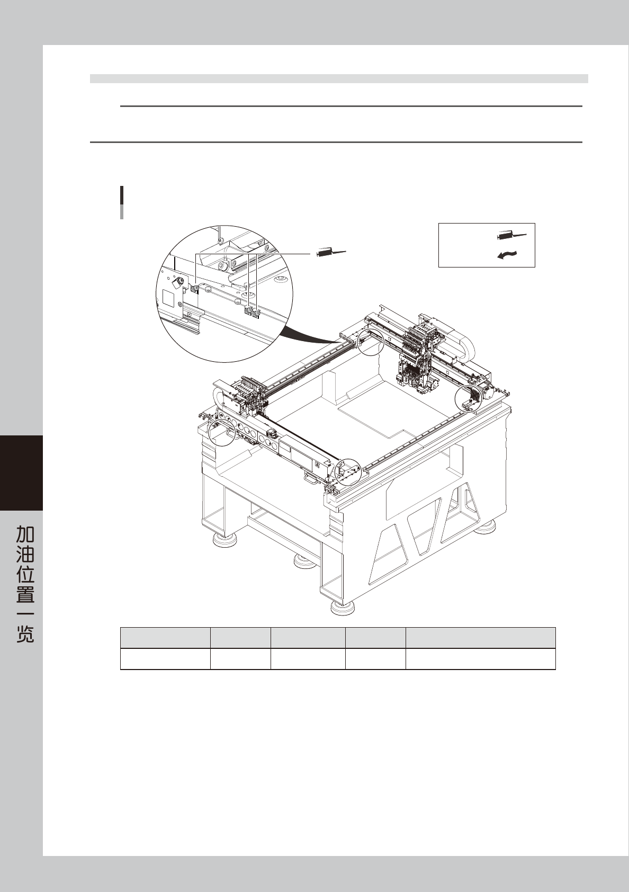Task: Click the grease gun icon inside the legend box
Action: tap(511, 236)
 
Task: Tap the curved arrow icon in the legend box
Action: tap(508, 255)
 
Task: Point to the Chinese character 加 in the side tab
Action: tap(25, 534)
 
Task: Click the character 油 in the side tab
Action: tap(25, 554)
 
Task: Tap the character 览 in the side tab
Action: tap(25, 634)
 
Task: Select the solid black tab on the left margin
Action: tap(22, 473)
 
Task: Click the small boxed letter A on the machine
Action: tap(317, 465)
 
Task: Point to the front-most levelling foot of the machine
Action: tap(343, 609)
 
